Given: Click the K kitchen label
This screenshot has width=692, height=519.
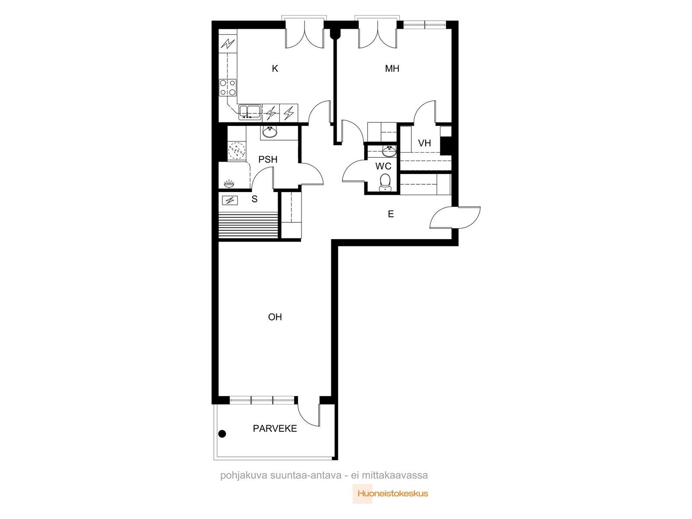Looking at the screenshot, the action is [x=275, y=68].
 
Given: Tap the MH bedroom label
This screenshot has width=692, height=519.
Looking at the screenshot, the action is [x=392, y=68].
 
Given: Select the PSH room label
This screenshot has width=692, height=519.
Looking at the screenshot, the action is [x=268, y=160].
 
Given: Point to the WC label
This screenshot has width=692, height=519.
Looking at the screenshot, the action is [x=383, y=166].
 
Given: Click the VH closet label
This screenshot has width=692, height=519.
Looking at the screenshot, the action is [x=424, y=143].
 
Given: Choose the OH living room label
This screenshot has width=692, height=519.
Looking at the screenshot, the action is [x=275, y=317].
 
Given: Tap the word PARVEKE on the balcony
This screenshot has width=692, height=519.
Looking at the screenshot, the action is [x=275, y=429].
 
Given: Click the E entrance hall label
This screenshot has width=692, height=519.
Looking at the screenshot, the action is [x=391, y=214].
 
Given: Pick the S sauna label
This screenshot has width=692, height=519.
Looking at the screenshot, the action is [x=254, y=199].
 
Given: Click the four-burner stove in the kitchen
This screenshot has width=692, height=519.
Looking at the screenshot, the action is [x=227, y=88].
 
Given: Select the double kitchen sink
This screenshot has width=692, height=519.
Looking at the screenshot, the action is [x=250, y=112].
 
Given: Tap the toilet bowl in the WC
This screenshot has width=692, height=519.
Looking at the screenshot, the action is [x=385, y=183].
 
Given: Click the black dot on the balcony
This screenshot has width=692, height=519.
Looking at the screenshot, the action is [x=222, y=434].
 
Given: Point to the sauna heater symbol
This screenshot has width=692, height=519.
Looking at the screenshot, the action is [x=230, y=200].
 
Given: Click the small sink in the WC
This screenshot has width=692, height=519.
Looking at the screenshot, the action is [x=389, y=151].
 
